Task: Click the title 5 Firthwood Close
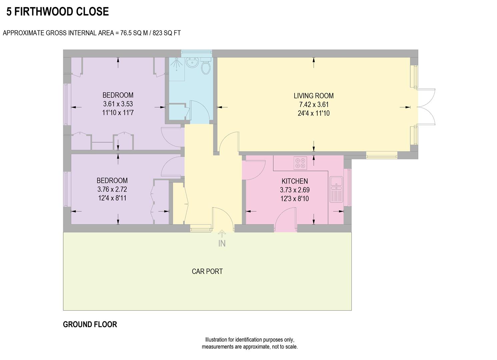pos(58,12)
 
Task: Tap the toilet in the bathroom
pos(206,66)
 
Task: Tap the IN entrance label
pos(222,244)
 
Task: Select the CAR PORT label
pos(207,271)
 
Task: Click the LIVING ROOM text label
pos(313,96)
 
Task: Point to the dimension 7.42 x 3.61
pos(313,104)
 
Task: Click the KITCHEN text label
pos(295,181)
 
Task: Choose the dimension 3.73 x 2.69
pos(295,190)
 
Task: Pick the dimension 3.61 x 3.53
pos(118,104)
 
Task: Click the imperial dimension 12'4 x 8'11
pos(112,198)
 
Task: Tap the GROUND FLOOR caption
pos(90,324)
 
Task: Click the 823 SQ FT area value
pos(167,33)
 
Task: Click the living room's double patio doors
pos(426,107)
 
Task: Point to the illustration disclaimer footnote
pos(250,343)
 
